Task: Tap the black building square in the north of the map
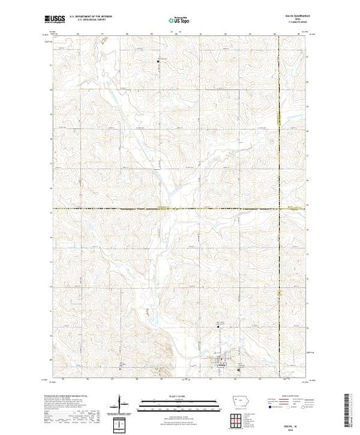click(158, 61)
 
